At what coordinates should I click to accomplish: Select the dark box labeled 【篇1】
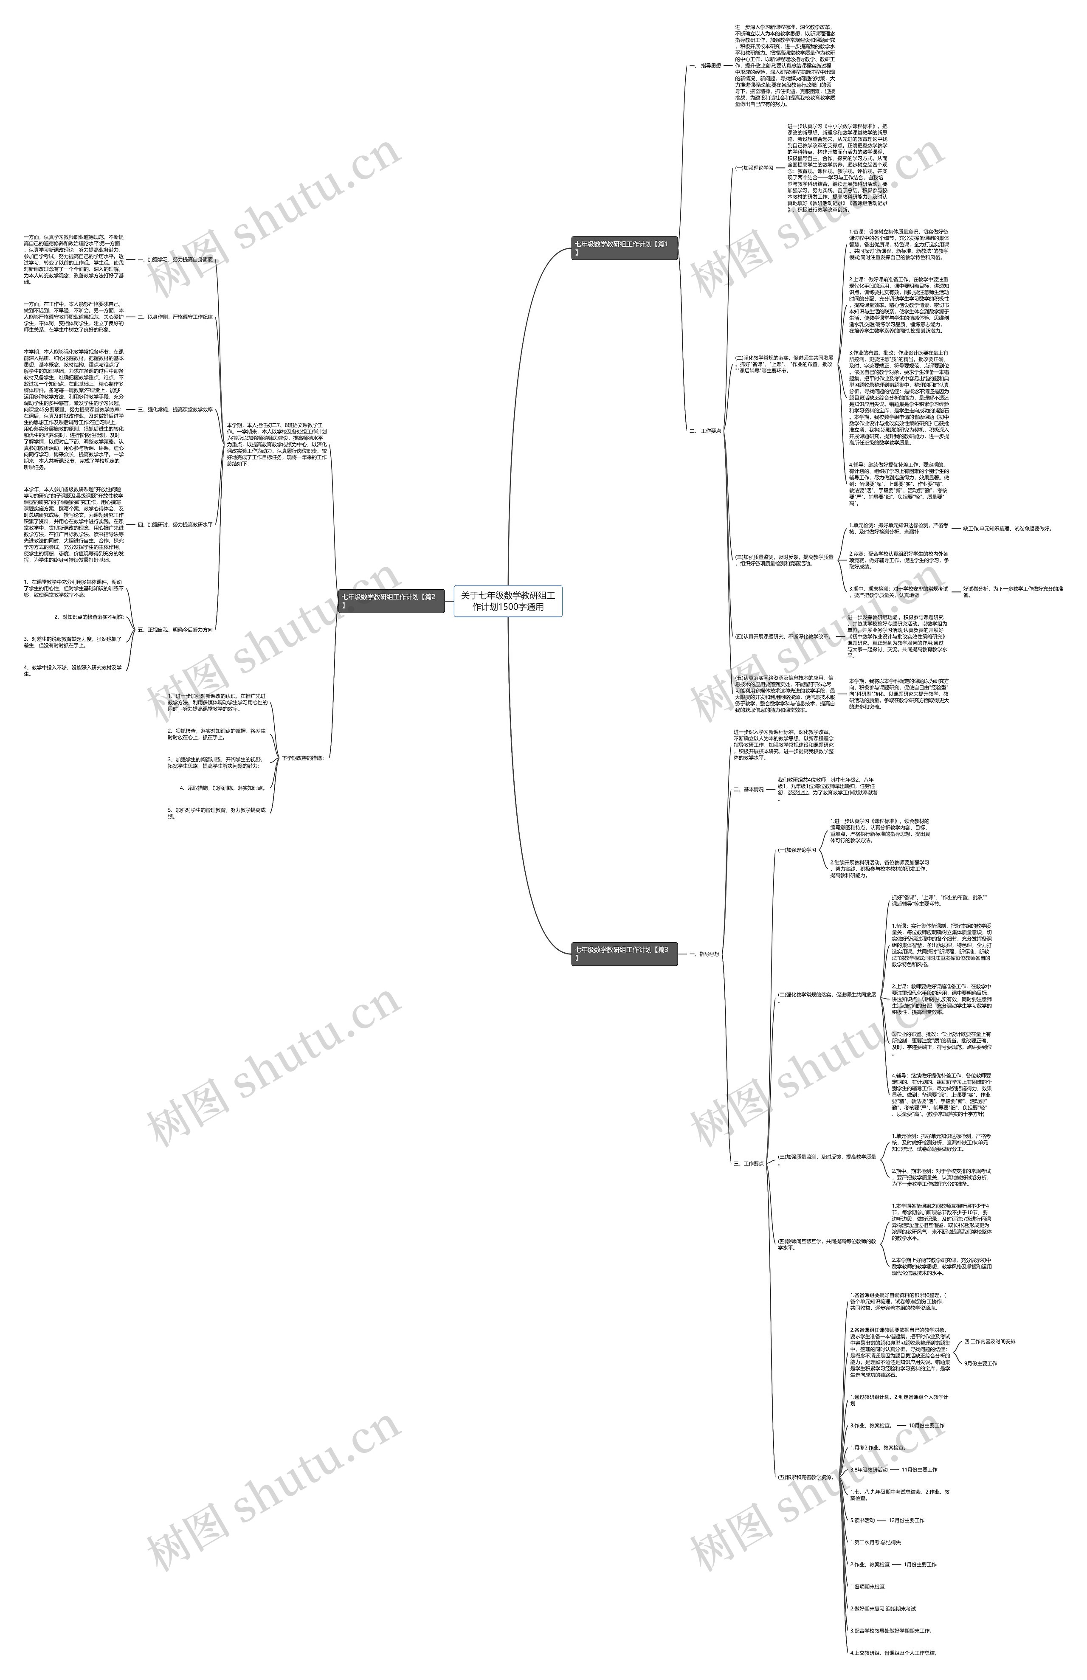pyautogui.click(x=624, y=248)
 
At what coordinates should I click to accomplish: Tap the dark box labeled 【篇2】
pyautogui.click(x=391, y=600)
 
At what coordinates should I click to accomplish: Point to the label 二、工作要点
pyautogui.click(x=705, y=431)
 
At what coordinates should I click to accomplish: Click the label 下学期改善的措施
pyautogui.click(x=302, y=758)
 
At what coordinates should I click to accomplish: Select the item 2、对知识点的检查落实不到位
pyautogui.click(x=93, y=617)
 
